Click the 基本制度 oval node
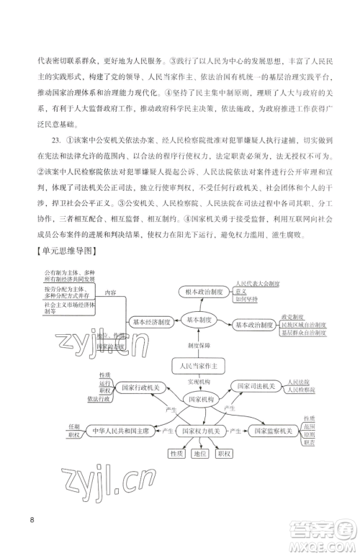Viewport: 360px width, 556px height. [199, 319]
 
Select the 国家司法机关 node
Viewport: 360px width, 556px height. [255, 387]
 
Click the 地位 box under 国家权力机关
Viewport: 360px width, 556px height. [199, 454]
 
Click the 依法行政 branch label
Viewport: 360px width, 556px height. [98, 398]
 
